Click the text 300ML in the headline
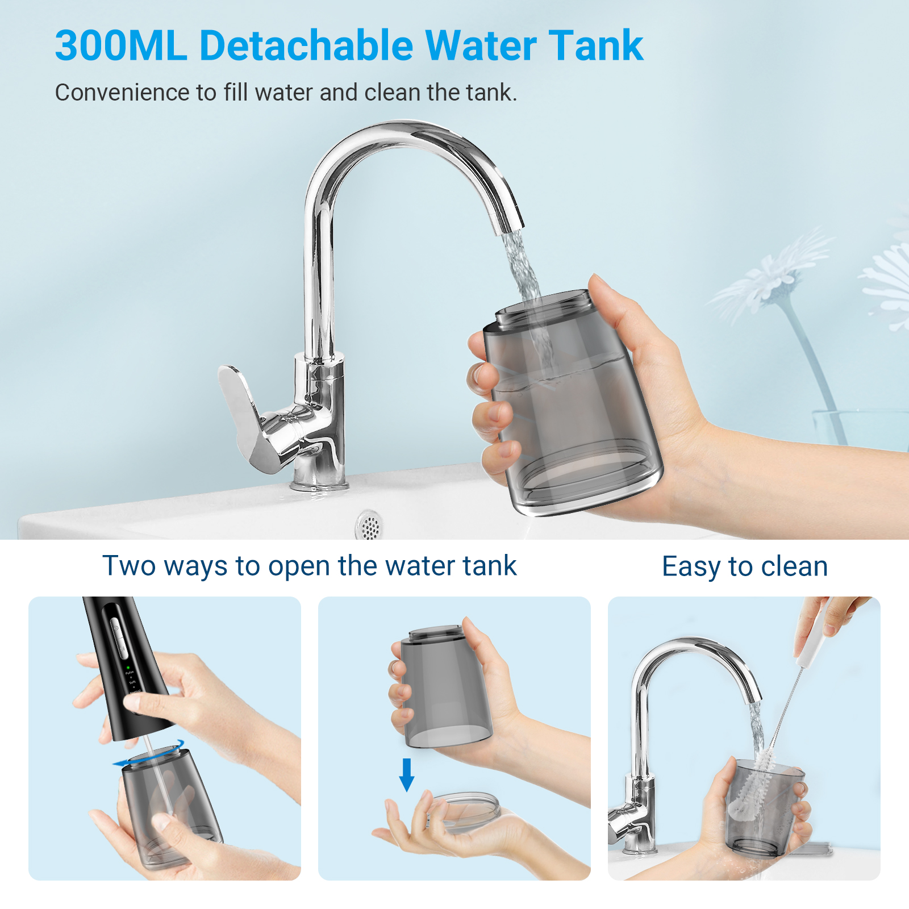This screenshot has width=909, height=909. (x=121, y=45)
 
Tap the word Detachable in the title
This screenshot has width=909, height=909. (x=307, y=45)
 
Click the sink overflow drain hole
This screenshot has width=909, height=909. (x=369, y=525)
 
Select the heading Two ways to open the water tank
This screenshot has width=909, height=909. (x=309, y=566)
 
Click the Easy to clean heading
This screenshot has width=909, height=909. (x=745, y=567)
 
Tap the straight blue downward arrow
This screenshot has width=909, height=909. (x=407, y=774)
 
